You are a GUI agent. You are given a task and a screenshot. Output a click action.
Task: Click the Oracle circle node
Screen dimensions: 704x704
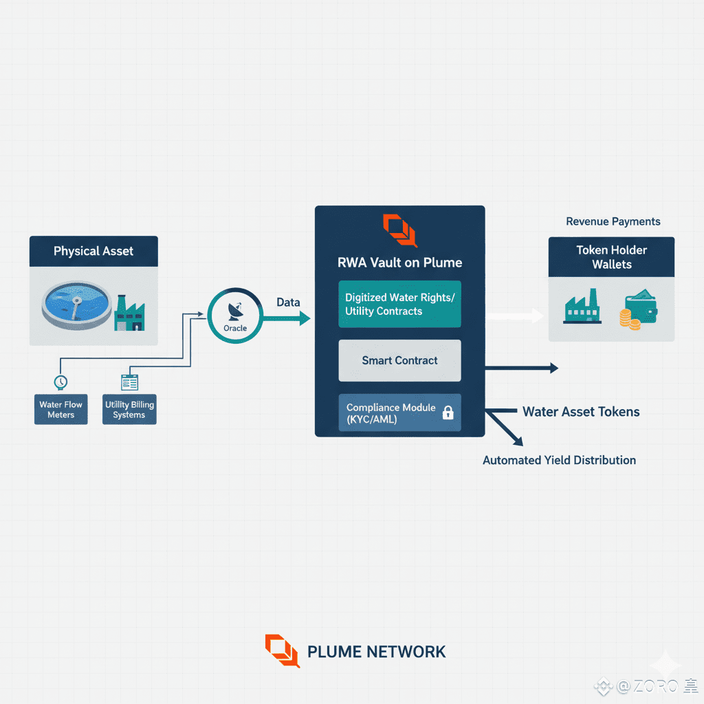click(x=235, y=316)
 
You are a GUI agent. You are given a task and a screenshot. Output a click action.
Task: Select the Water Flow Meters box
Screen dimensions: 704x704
click(x=61, y=409)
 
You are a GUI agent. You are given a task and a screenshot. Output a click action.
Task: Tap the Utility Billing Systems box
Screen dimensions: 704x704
click(x=129, y=409)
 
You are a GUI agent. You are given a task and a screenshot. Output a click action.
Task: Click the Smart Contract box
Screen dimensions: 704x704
click(x=399, y=360)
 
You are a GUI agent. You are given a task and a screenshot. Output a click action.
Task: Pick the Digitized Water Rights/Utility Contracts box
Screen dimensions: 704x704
click(x=399, y=304)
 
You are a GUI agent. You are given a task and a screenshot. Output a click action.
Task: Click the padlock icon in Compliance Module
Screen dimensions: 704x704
click(x=448, y=412)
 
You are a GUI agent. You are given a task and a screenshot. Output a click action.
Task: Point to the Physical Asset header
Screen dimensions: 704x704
click(x=93, y=251)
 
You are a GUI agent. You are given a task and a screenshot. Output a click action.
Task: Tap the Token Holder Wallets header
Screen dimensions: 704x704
click(x=611, y=257)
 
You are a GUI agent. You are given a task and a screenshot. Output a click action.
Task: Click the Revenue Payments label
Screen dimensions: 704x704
click(x=613, y=221)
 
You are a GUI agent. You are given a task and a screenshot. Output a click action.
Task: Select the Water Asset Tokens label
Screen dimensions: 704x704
click(x=581, y=412)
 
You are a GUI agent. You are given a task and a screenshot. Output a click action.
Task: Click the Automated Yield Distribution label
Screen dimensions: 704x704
click(x=559, y=460)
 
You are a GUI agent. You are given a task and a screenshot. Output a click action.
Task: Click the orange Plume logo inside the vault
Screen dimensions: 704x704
click(x=399, y=230)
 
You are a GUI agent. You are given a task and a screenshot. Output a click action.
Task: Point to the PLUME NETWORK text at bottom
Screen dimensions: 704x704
click(x=376, y=652)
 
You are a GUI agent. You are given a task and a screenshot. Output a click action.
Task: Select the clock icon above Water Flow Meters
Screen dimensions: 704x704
click(x=60, y=382)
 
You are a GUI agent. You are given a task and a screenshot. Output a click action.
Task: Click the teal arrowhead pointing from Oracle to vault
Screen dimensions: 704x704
click(x=305, y=318)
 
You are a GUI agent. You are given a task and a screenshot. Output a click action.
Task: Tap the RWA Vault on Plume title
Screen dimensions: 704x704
click(x=399, y=263)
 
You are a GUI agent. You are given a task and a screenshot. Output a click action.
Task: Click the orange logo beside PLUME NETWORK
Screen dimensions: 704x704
click(x=282, y=650)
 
